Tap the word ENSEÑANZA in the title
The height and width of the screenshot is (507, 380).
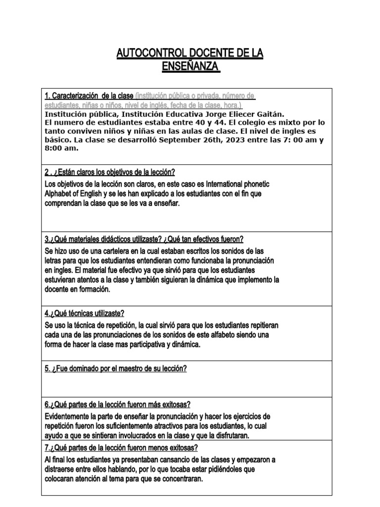190,66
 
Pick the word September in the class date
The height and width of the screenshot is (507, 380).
193,140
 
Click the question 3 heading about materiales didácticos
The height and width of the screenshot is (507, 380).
144,239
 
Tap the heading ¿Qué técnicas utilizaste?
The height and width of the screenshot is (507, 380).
84,313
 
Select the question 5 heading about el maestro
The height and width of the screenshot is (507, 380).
116,369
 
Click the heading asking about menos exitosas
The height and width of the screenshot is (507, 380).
121,448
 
